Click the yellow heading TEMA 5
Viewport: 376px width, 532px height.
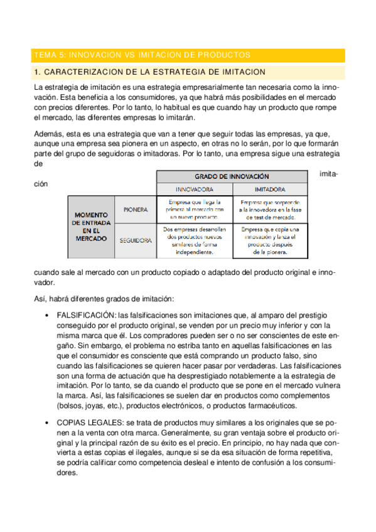click(x=142, y=55)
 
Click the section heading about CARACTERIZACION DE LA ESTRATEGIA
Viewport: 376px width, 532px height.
click(x=151, y=72)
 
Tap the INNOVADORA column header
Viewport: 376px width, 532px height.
click(x=194, y=189)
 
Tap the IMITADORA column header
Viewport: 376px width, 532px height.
click(x=270, y=189)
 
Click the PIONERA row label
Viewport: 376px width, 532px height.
click(x=136, y=210)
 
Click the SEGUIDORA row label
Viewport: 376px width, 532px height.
click(x=135, y=240)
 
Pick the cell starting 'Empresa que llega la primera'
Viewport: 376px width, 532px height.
click(x=194, y=209)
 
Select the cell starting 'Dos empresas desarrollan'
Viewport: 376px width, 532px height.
click(x=194, y=241)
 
